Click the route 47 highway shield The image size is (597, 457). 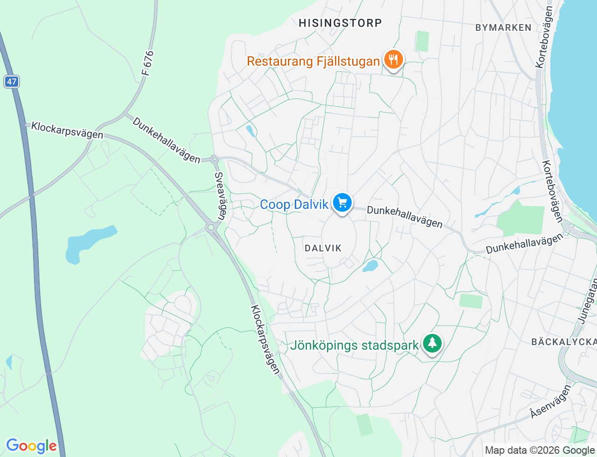point(12,82)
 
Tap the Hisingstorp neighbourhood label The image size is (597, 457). point(340,23)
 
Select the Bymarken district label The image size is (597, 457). point(503,28)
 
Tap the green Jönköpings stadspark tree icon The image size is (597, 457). point(432,344)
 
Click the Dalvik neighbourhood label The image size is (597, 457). point(323,248)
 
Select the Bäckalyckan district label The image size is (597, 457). point(563,342)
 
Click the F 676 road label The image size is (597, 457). point(147,63)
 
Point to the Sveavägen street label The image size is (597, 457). point(220,195)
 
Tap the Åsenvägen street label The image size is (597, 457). point(550,401)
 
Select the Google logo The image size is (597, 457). point(31,446)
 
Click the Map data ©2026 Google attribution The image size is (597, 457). point(540,450)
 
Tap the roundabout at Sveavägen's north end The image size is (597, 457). point(215,159)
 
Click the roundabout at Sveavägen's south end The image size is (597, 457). point(211,228)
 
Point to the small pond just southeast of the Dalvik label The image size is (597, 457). point(370,266)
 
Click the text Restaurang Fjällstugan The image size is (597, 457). point(313,62)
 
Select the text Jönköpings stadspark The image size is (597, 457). point(354,346)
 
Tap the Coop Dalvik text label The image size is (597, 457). point(294,205)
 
